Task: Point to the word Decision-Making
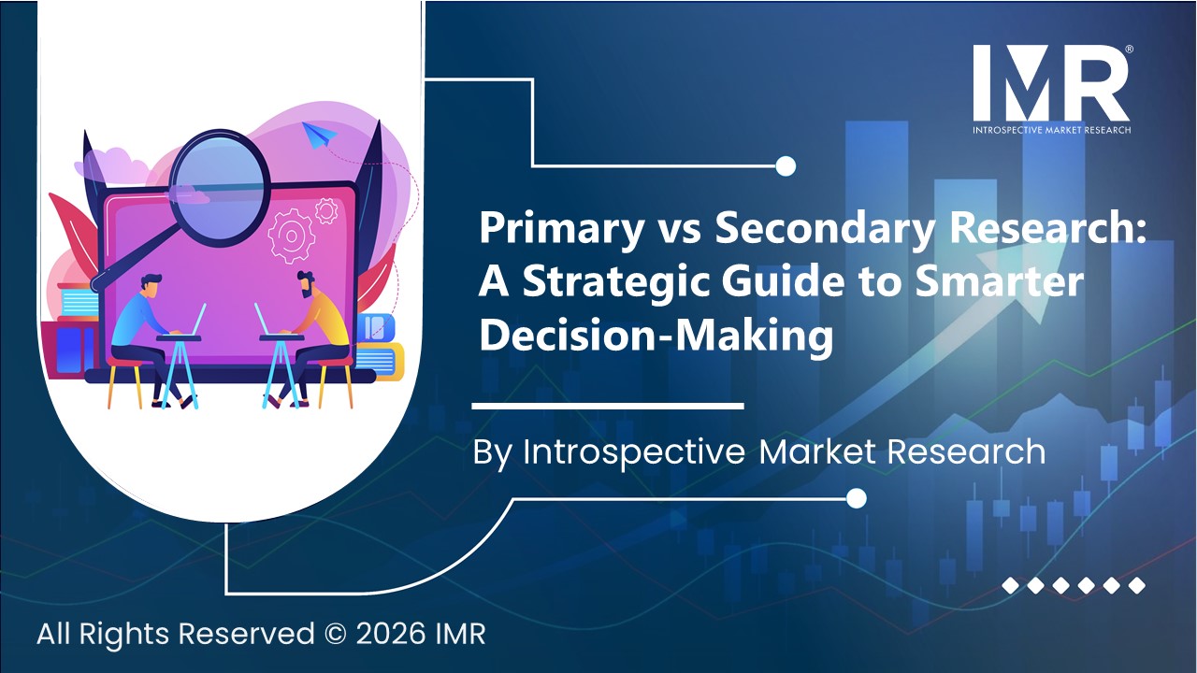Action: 655,336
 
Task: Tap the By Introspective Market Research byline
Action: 758,451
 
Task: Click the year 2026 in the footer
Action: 382,634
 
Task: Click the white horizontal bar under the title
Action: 607,406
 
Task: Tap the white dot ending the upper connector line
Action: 786,166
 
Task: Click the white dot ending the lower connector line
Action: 856,499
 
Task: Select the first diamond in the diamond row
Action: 1010,586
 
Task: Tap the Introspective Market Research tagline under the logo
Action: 1050,129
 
